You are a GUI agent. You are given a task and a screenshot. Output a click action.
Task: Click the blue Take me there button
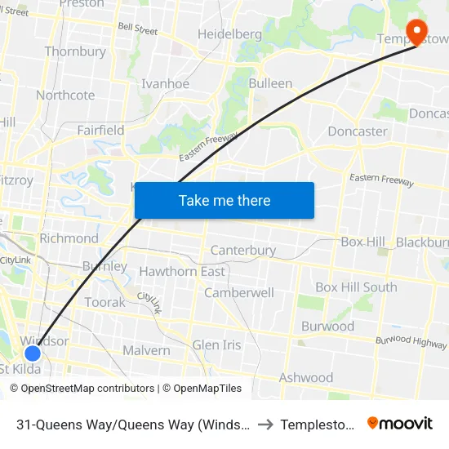(x=224, y=200)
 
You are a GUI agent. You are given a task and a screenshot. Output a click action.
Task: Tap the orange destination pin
(x=417, y=33)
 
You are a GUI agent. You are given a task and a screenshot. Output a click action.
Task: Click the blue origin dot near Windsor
(x=32, y=353)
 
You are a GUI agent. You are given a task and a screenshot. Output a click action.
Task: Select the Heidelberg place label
(x=229, y=34)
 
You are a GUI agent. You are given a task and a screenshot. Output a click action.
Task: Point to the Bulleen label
(x=270, y=83)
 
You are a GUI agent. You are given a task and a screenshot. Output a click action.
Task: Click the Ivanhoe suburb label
(x=165, y=84)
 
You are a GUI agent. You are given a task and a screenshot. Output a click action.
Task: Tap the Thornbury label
(x=75, y=51)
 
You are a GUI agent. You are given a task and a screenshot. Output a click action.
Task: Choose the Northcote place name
(x=65, y=95)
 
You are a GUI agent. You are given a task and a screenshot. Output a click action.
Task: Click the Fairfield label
(x=100, y=130)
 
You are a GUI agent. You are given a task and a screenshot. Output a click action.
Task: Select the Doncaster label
(x=357, y=131)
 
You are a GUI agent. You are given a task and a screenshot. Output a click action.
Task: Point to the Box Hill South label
(x=356, y=287)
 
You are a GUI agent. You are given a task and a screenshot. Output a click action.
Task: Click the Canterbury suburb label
(x=243, y=250)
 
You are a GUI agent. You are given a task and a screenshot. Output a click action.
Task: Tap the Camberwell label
(x=238, y=292)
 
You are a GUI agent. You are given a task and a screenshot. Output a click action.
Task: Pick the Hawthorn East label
(x=182, y=271)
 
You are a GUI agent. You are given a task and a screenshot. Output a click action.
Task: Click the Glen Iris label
(x=216, y=345)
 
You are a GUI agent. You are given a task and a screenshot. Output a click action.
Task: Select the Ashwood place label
(x=306, y=377)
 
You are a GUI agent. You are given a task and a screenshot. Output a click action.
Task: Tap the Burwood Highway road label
(x=411, y=341)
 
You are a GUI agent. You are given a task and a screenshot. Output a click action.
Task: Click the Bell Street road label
(x=137, y=29)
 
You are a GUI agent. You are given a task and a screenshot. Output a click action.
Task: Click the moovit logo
(x=400, y=424)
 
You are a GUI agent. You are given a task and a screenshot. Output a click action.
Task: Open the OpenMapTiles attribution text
(x=202, y=389)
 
